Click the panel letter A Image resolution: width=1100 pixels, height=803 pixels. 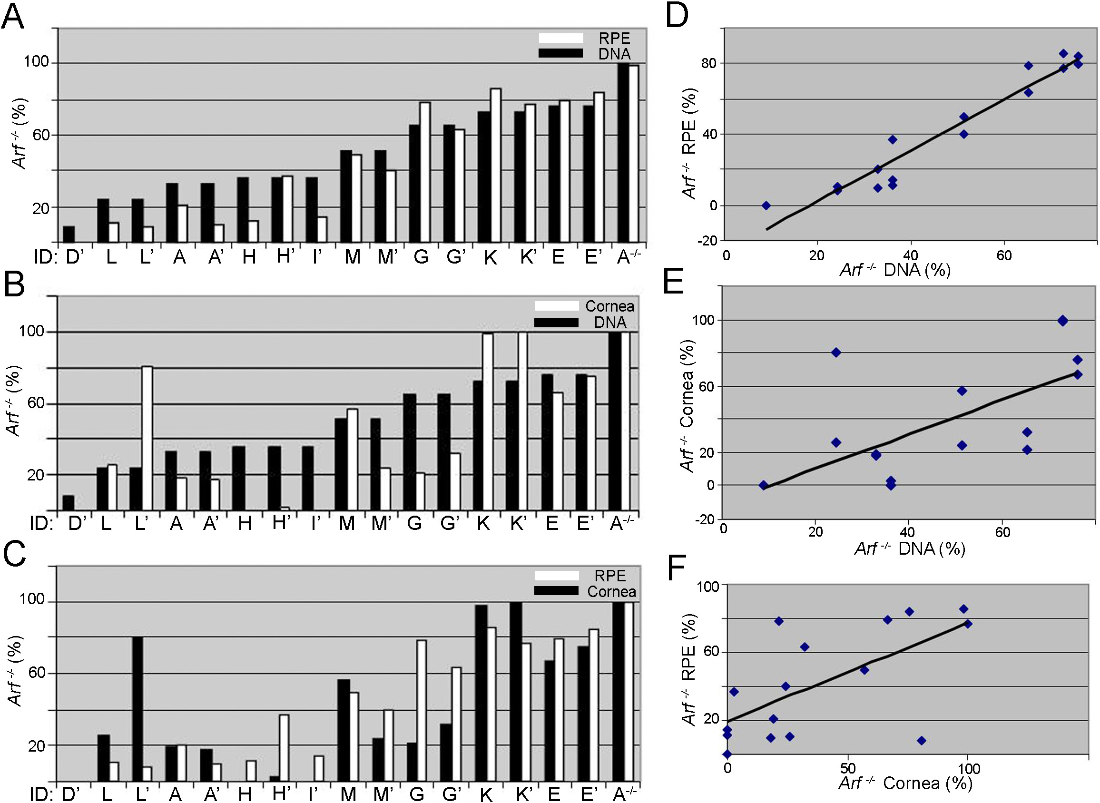tap(13, 18)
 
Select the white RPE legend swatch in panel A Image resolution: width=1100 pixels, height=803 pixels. tap(560, 38)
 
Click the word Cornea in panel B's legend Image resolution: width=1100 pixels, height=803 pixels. tap(609, 306)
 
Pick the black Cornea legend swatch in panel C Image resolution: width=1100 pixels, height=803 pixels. tap(556, 591)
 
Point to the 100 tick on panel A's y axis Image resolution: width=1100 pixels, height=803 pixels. tap(37, 62)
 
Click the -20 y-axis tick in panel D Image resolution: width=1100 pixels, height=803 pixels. tap(708, 241)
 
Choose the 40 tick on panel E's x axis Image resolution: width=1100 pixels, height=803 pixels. tap(907, 532)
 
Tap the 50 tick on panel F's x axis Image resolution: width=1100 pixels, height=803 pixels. tap(847, 768)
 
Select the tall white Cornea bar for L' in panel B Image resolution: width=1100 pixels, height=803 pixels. tap(147, 438)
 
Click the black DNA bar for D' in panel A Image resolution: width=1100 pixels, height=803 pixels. tap(69, 234)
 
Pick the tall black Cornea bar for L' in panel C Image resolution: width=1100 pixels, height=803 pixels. tap(137, 709)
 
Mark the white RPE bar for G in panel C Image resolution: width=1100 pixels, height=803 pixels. tap(422, 711)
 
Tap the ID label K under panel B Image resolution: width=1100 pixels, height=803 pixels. tap(483, 523)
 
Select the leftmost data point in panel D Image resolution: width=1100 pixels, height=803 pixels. tap(766, 206)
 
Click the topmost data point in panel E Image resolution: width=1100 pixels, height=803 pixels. tap(1062, 320)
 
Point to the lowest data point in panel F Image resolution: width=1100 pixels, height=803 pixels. tap(727, 754)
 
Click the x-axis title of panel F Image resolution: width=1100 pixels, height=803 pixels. tap(905, 783)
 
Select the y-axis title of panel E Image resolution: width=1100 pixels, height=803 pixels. tap(687, 406)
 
